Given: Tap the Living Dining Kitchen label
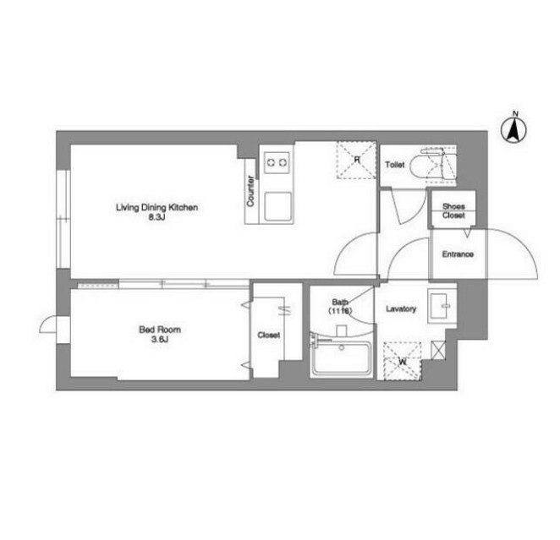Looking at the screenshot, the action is (156, 207).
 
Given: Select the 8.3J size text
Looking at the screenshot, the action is (156, 217).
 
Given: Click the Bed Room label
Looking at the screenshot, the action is (160, 330).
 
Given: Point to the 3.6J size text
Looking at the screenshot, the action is (160, 340).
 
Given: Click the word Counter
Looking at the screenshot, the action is (250, 191).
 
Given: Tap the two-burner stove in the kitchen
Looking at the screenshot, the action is (277, 162).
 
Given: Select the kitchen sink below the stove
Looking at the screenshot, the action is (277, 206).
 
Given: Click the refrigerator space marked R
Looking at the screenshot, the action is (356, 160).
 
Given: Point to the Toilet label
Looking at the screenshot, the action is (395, 165).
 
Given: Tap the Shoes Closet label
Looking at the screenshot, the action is (453, 210).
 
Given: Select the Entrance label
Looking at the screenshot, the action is (458, 254).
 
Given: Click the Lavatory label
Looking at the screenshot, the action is (401, 309).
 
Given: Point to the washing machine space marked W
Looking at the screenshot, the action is (403, 362).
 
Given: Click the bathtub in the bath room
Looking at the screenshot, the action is (341, 358).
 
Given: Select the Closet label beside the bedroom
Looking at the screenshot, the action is (268, 335).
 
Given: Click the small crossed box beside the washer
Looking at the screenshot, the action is (438, 350).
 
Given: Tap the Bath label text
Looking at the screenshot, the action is (340, 302).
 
